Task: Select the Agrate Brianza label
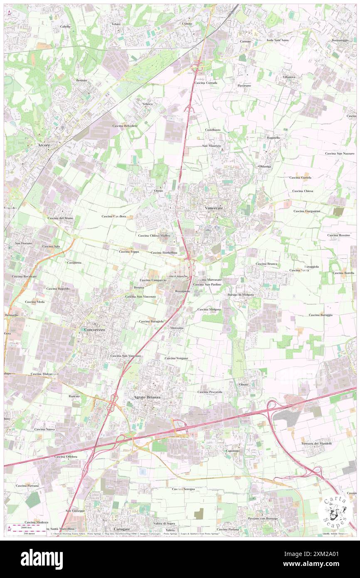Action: click(x=147, y=397)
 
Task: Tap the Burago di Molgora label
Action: click(x=240, y=294)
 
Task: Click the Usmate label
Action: click(x=187, y=24)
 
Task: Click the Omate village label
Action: click(x=244, y=384)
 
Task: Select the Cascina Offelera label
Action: click(x=66, y=457)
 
